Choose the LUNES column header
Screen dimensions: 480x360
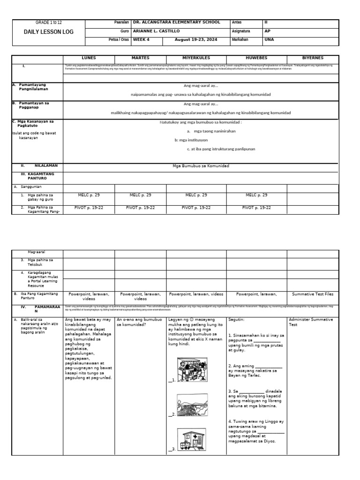(89, 58)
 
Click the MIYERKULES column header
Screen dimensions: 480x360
(196, 58)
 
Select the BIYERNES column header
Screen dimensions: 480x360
(312, 58)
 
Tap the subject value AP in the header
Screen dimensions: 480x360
(268, 31)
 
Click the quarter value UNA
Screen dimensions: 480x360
(269, 40)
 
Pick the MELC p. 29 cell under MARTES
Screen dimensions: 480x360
(140, 195)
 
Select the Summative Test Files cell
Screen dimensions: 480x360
(313, 294)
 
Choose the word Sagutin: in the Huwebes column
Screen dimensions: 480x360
(237, 320)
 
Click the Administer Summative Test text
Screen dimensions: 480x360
(311, 322)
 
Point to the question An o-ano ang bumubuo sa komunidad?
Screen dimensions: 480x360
(138, 322)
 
